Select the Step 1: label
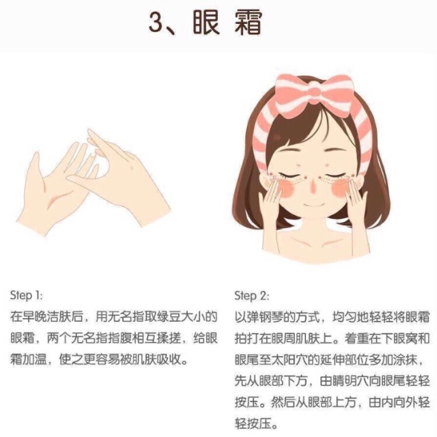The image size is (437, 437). tap(27, 296)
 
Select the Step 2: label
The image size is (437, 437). tap(252, 296)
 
